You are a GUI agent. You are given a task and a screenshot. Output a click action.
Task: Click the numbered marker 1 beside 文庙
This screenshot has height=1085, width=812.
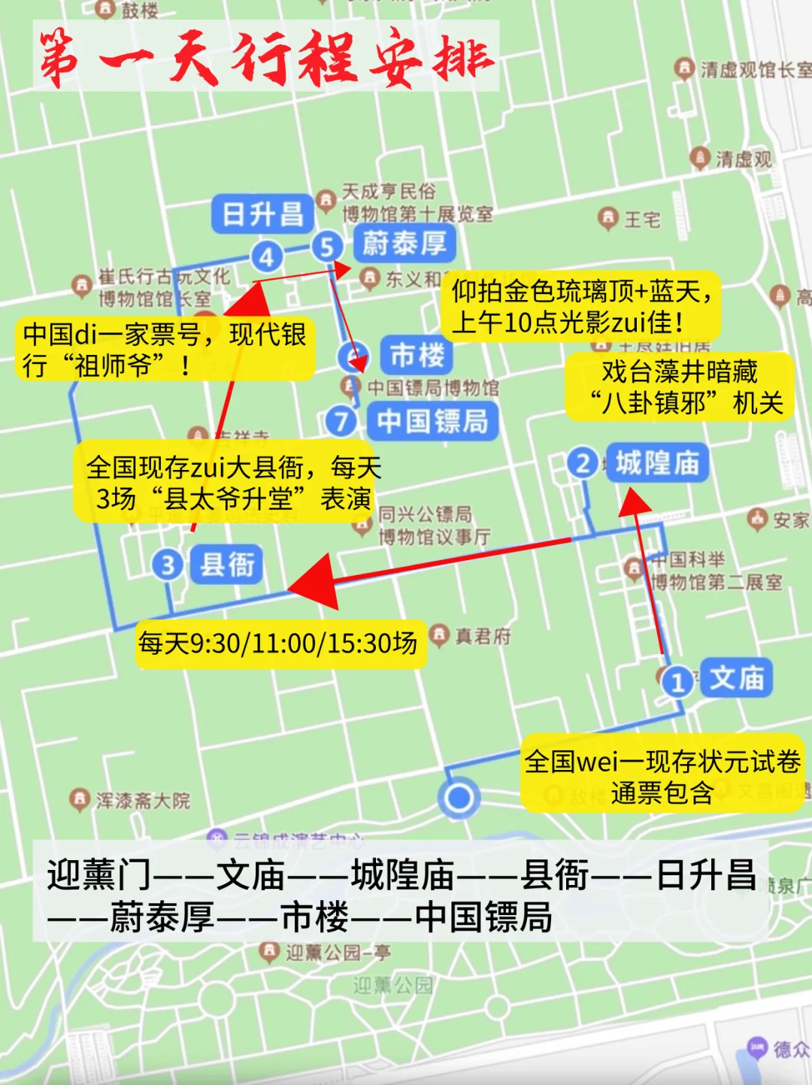pos(677,682)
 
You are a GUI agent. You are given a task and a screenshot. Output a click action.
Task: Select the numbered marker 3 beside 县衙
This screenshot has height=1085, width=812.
pos(168,565)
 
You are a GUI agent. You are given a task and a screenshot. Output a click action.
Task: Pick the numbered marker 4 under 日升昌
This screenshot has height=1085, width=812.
pos(267,257)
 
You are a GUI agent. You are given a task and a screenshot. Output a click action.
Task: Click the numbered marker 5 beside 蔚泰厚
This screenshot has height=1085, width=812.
pos(327,246)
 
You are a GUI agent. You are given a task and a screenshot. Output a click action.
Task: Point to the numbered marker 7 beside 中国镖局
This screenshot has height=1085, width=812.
pos(341,420)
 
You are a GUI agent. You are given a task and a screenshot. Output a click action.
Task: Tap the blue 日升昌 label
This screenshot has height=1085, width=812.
pos(262,214)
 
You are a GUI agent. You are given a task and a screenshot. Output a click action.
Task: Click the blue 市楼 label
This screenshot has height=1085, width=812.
pos(417,355)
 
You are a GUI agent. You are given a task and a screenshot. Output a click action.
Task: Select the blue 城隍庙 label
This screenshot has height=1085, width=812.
pos(657,463)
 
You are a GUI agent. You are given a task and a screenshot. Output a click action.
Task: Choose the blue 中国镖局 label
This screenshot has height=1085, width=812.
pos(432,421)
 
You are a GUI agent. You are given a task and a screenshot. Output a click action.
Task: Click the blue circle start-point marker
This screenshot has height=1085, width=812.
pos(459,798)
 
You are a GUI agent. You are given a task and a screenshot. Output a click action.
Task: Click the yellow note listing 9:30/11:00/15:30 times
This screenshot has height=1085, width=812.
pos(278,644)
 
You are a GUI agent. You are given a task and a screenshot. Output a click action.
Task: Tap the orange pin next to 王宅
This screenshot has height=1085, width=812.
pos(607,218)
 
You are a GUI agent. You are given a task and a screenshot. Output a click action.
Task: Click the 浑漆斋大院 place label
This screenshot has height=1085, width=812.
pos(143,801)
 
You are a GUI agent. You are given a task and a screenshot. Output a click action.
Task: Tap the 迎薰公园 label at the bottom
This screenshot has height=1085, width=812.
pos(393,985)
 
